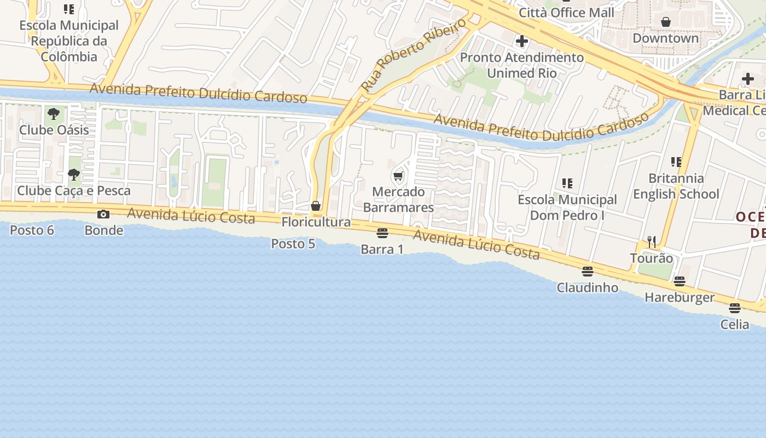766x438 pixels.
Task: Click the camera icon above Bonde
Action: (x=103, y=214)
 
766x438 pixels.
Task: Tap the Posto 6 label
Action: (x=32, y=230)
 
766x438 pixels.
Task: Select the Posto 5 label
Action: (x=293, y=244)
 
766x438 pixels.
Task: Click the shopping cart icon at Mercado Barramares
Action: (x=398, y=176)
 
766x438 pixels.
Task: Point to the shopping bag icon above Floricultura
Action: (x=316, y=206)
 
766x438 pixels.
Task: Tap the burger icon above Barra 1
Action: (x=382, y=233)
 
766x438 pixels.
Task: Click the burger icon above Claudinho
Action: (x=588, y=272)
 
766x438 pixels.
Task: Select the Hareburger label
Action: (x=680, y=297)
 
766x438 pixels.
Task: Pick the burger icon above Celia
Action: (x=735, y=308)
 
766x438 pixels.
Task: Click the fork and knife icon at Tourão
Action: (x=652, y=242)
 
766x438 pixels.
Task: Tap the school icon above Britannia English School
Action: (x=676, y=162)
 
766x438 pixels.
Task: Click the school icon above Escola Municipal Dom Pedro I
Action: (x=567, y=183)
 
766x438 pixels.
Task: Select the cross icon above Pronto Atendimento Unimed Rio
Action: (x=522, y=41)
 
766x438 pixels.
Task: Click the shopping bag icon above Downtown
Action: (x=666, y=22)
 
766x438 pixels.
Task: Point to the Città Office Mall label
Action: (x=566, y=12)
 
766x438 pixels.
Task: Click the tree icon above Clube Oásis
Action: (x=54, y=114)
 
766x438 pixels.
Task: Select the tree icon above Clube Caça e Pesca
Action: (x=73, y=175)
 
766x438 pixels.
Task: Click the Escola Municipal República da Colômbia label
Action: (x=69, y=41)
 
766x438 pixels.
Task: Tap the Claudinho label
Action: (x=588, y=287)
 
